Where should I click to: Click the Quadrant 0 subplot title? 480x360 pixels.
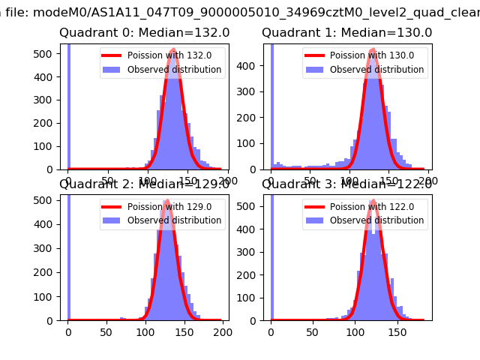(145, 33)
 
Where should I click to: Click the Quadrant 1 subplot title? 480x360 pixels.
(346, 33)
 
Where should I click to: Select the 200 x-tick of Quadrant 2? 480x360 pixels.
(222, 331)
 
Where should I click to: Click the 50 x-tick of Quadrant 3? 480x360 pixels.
(310, 331)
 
